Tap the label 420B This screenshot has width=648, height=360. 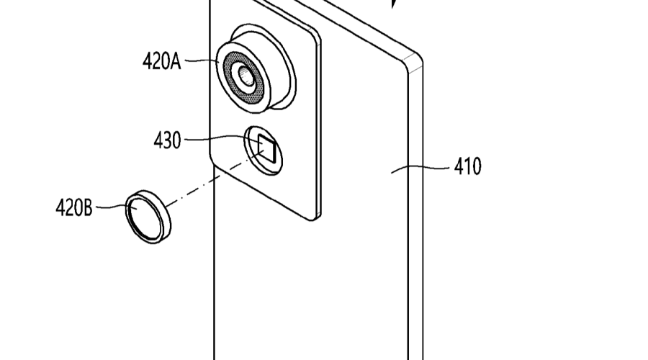(x=73, y=209)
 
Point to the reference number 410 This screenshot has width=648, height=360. (x=468, y=167)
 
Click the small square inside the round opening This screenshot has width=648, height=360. (x=266, y=148)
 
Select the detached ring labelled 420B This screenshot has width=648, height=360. (x=148, y=216)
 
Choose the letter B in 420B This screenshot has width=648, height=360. (x=87, y=209)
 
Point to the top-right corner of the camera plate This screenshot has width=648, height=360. (x=318, y=32)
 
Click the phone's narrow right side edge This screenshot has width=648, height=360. (x=415, y=216)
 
